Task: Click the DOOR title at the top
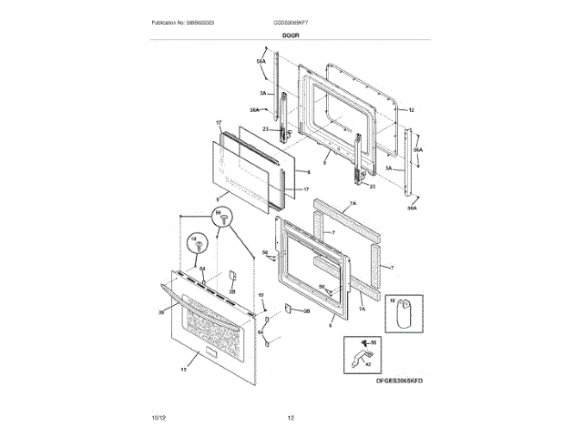[291, 35]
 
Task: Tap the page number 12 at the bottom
[291, 417]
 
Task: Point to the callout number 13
[182, 371]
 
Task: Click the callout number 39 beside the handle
[160, 312]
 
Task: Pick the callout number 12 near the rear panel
[411, 109]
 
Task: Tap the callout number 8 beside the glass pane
[309, 171]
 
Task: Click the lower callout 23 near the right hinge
[373, 185]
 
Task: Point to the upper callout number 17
[219, 122]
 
